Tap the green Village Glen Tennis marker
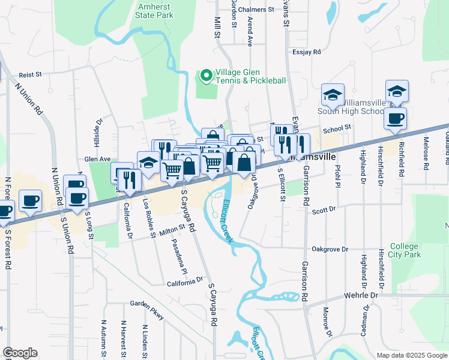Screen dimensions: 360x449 click(206, 75)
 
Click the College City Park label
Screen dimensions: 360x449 click(405, 251)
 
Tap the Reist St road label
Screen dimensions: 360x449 click(29, 75)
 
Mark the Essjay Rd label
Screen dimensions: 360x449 click(308, 52)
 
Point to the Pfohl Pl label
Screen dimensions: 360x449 click(337, 176)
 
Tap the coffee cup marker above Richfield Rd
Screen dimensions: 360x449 click(395, 119)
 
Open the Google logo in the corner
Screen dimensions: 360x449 click(20, 353)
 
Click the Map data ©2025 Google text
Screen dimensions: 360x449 click(411, 355)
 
